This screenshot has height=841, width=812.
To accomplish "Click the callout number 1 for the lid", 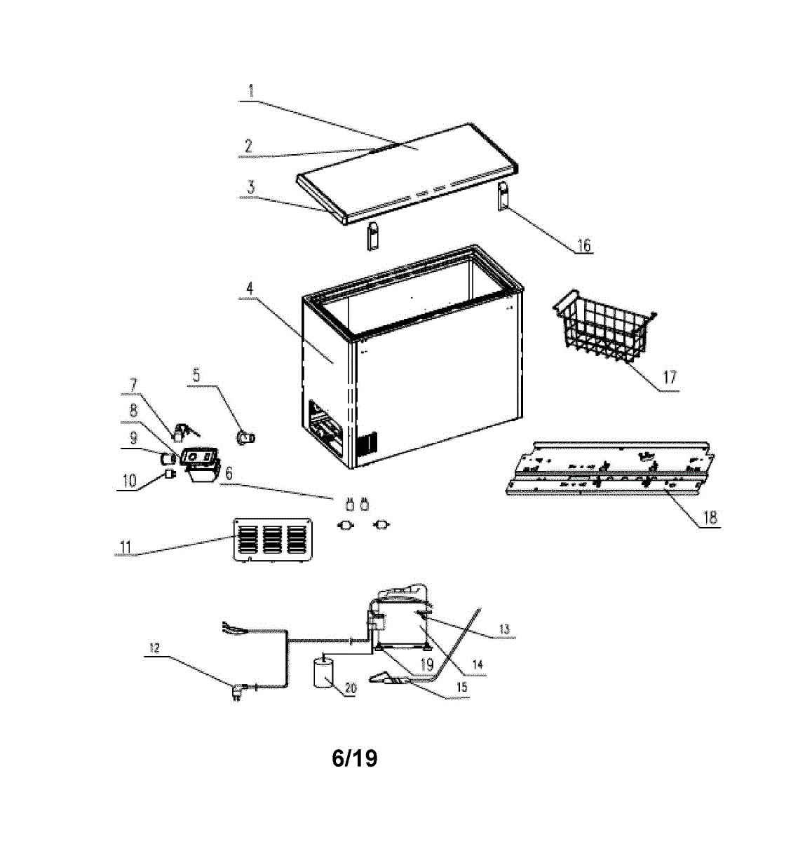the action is pos(251,90).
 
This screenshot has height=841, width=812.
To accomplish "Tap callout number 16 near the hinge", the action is pos(583,245).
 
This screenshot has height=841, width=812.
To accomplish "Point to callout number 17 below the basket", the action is pos(670,377).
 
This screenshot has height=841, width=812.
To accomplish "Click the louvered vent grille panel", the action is pos(272,540).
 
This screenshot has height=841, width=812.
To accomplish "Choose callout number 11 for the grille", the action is pos(125,547).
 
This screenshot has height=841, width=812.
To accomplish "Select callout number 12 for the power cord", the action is pos(154,648).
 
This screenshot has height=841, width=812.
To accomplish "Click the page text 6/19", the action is pos(355,758).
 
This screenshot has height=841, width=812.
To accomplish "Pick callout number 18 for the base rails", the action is pos(710,517).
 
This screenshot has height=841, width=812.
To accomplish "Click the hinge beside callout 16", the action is pos(503,196).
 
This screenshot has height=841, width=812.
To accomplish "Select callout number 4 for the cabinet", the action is pos(250,289).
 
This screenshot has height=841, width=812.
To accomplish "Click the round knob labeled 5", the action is pos(246,438).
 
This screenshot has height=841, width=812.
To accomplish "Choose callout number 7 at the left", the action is pos(134,385).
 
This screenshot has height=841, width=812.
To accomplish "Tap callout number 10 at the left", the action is pos(129,481).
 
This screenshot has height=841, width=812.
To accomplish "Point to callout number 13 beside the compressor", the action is pos(504,629).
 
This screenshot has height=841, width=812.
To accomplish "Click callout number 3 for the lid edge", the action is pos(251,187).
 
